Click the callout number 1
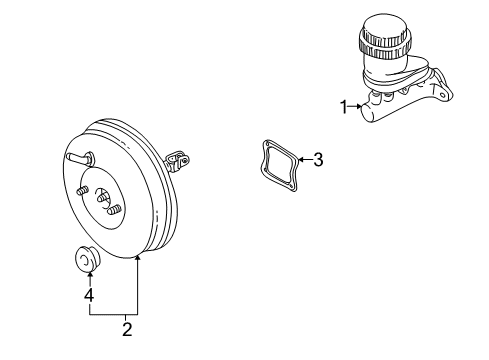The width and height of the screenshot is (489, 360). pos(344,106)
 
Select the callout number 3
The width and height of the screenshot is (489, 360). pos(318,159)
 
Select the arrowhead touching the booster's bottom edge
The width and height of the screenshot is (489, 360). pos(139,260)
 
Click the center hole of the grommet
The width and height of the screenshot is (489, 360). pos(83,261)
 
